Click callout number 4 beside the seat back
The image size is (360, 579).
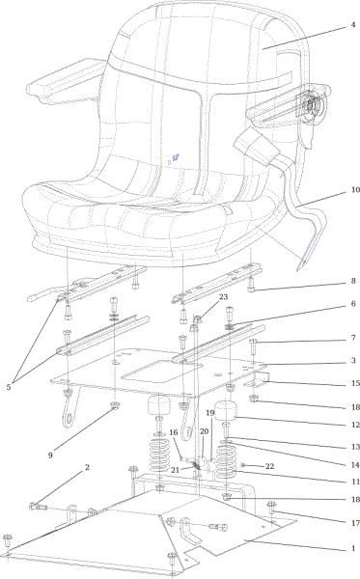(353, 25)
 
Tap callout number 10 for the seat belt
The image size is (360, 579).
(355, 190)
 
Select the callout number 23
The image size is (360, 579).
(223, 297)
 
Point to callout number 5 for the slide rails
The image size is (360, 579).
(9, 387)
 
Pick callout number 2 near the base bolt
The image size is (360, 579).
(87, 467)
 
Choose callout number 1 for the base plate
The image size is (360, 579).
(353, 548)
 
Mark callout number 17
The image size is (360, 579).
(355, 523)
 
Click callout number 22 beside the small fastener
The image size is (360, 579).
(270, 466)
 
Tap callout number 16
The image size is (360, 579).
(174, 432)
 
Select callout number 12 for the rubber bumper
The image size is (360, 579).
(355, 425)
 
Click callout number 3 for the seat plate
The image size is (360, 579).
(353, 360)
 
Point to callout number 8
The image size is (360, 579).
(353, 281)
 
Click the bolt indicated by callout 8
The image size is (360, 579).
(251, 284)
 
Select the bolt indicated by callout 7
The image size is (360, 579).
(253, 346)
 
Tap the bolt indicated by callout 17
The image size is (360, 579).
(271, 517)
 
